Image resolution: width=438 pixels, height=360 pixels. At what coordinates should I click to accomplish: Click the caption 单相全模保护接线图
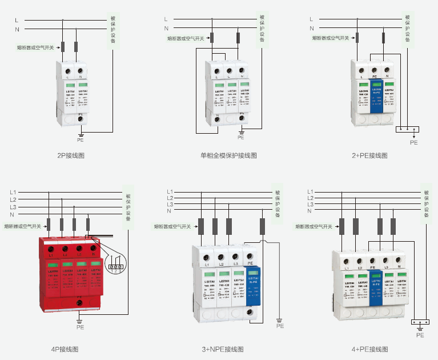coord(228,155)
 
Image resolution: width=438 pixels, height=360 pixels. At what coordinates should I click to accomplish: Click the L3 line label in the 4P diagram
coord(13,207)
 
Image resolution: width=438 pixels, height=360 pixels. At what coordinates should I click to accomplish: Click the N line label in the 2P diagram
coord(17,29)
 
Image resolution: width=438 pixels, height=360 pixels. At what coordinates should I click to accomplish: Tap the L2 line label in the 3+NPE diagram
coord(170,198)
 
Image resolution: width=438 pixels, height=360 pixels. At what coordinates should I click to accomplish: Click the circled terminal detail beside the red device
coord(116,266)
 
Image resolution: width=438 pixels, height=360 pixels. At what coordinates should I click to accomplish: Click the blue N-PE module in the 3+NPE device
coord(251,283)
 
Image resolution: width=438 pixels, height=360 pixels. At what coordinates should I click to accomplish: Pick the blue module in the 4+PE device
coord(376,286)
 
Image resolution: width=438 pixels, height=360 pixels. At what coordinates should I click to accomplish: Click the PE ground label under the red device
coord(80,327)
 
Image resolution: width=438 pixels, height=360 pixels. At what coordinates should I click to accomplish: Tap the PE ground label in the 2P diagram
coord(81,139)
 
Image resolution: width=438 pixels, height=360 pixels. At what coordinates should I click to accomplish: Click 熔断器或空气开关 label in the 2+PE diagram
coord(331,38)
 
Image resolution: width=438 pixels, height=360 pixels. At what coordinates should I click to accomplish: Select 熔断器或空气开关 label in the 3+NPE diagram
coord(172,226)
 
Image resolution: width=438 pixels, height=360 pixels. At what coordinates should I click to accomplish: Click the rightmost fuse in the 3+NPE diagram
coord(262,226)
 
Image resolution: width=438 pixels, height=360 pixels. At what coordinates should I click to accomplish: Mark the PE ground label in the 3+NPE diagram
coord(280,326)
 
